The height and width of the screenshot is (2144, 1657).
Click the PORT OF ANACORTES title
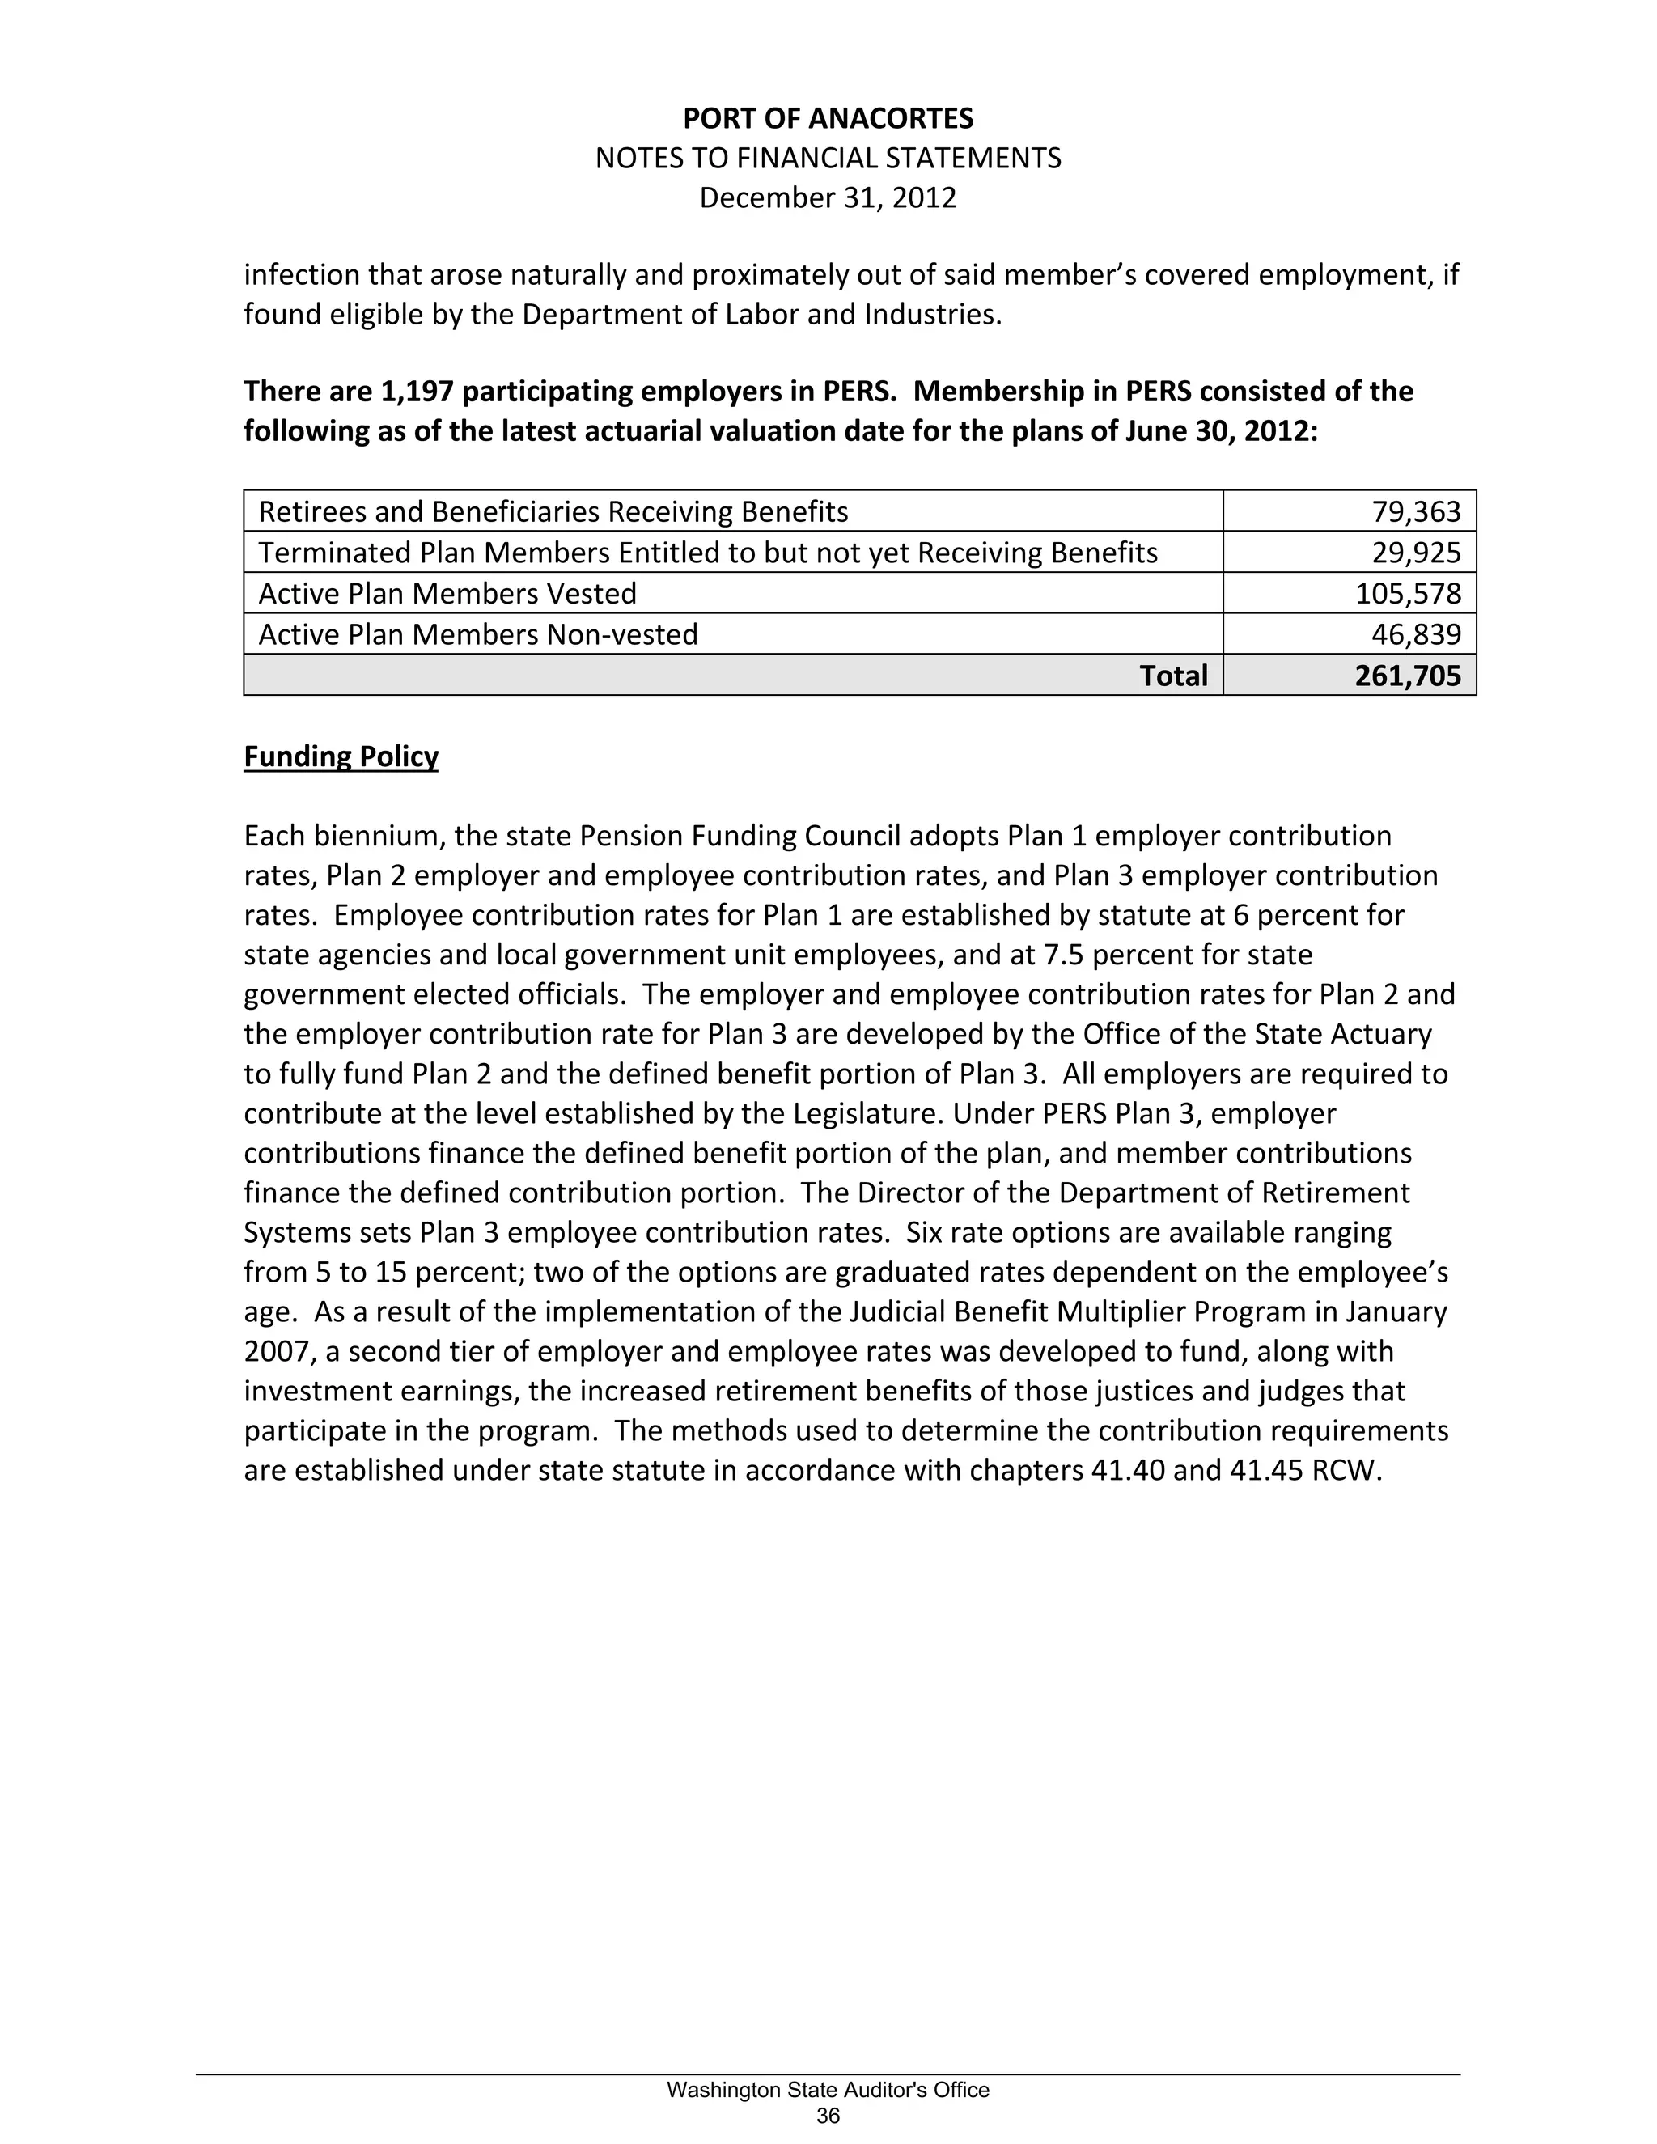828,119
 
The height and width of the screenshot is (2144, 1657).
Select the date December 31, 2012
828,198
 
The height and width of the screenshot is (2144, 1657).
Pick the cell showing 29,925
1416,553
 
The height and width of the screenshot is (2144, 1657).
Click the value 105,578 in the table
1408,594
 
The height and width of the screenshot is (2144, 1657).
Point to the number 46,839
1416,635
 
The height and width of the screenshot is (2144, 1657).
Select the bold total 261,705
1408,676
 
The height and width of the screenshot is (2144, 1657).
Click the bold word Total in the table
1173,676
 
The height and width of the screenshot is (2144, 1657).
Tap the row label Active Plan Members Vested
447,594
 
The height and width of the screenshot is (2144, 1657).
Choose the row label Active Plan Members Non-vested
478,635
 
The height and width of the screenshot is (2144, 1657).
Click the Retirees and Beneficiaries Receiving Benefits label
553,512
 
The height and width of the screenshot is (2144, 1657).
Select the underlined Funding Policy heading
341,757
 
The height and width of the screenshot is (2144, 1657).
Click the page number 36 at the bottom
828,2116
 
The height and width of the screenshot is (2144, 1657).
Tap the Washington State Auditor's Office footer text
828,2090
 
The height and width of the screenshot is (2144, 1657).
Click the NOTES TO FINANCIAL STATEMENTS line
828,158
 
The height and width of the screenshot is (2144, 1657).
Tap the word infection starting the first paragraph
301,275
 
